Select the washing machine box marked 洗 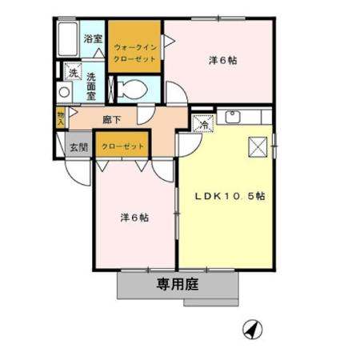point(72,74)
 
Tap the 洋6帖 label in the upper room point(222,60)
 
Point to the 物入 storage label point(61,118)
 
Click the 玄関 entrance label point(77,146)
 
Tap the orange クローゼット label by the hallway point(122,146)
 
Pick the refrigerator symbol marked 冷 point(203,124)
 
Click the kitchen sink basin point(234,118)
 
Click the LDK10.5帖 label point(228,197)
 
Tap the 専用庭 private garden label point(177,282)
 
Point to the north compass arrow point(252,329)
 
